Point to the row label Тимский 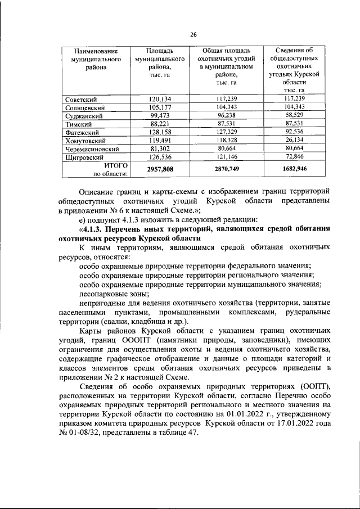pyautogui.click(x=78, y=123)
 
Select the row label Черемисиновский pyautogui.click(x=92, y=148)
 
